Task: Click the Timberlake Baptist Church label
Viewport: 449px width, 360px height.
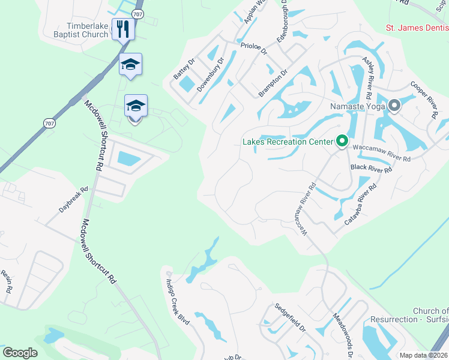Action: click(88, 30)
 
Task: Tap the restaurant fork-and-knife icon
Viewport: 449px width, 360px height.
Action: click(123, 28)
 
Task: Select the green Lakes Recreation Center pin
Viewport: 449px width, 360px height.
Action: click(342, 142)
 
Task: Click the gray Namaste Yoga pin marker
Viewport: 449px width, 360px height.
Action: click(394, 106)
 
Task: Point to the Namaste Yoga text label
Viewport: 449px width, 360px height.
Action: click(357, 107)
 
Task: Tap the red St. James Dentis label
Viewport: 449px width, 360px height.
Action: click(417, 28)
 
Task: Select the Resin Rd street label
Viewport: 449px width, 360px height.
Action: click(7, 281)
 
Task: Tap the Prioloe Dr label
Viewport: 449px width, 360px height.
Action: click(253, 48)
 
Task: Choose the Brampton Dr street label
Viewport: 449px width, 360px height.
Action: click(273, 83)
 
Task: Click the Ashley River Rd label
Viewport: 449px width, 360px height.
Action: click(368, 79)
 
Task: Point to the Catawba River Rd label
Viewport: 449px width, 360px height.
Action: click(360, 204)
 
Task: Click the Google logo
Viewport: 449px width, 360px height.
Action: click(20, 353)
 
